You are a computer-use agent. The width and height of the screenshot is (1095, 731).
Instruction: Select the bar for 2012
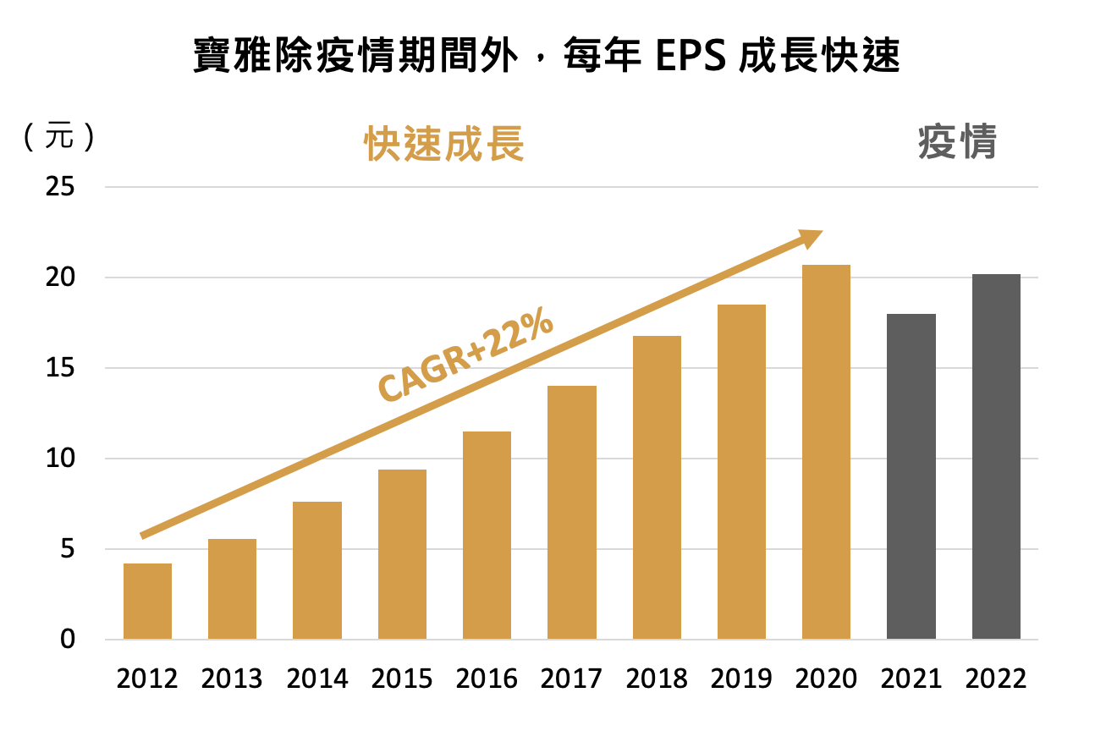pyautogui.click(x=147, y=601)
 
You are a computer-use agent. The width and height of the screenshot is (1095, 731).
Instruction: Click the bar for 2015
pyautogui.click(x=402, y=554)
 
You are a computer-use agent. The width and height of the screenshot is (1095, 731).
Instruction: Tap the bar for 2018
pyautogui.click(x=657, y=487)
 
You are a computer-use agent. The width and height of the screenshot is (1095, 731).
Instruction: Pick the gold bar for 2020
pyautogui.click(x=826, y=452)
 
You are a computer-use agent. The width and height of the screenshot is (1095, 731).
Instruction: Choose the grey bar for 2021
pyautogui.click(x=911, y=476)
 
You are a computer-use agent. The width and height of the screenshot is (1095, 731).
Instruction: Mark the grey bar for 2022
pyautogui.click(x=996, y=457)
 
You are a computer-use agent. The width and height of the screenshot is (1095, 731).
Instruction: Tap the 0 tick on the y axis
pyautogui.click(x=67, y=640)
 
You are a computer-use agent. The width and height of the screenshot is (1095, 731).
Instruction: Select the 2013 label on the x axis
pyautogui.click(x=232, y=679)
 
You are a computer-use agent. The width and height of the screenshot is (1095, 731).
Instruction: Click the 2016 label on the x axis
pyautogui.click(x=487, y=679)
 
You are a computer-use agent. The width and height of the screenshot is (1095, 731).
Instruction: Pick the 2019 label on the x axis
pyautogui.click(x=741, y=679)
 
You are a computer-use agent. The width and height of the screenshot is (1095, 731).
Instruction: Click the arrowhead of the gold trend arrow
pyautogui.click(x=811, y=237)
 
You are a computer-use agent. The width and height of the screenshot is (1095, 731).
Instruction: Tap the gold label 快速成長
pyautogui.click(x=444, y=145)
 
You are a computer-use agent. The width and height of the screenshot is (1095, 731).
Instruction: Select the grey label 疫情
pyautogui.click(x=957, y=142)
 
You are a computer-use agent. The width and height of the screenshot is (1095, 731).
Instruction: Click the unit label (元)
pyautogui.click(x=59, y=138)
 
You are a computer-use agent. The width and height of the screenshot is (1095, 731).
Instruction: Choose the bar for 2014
pyautogui.click(x=317, y=570)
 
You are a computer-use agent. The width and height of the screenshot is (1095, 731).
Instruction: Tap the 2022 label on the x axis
pyautogui.click(x=996, y=679)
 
